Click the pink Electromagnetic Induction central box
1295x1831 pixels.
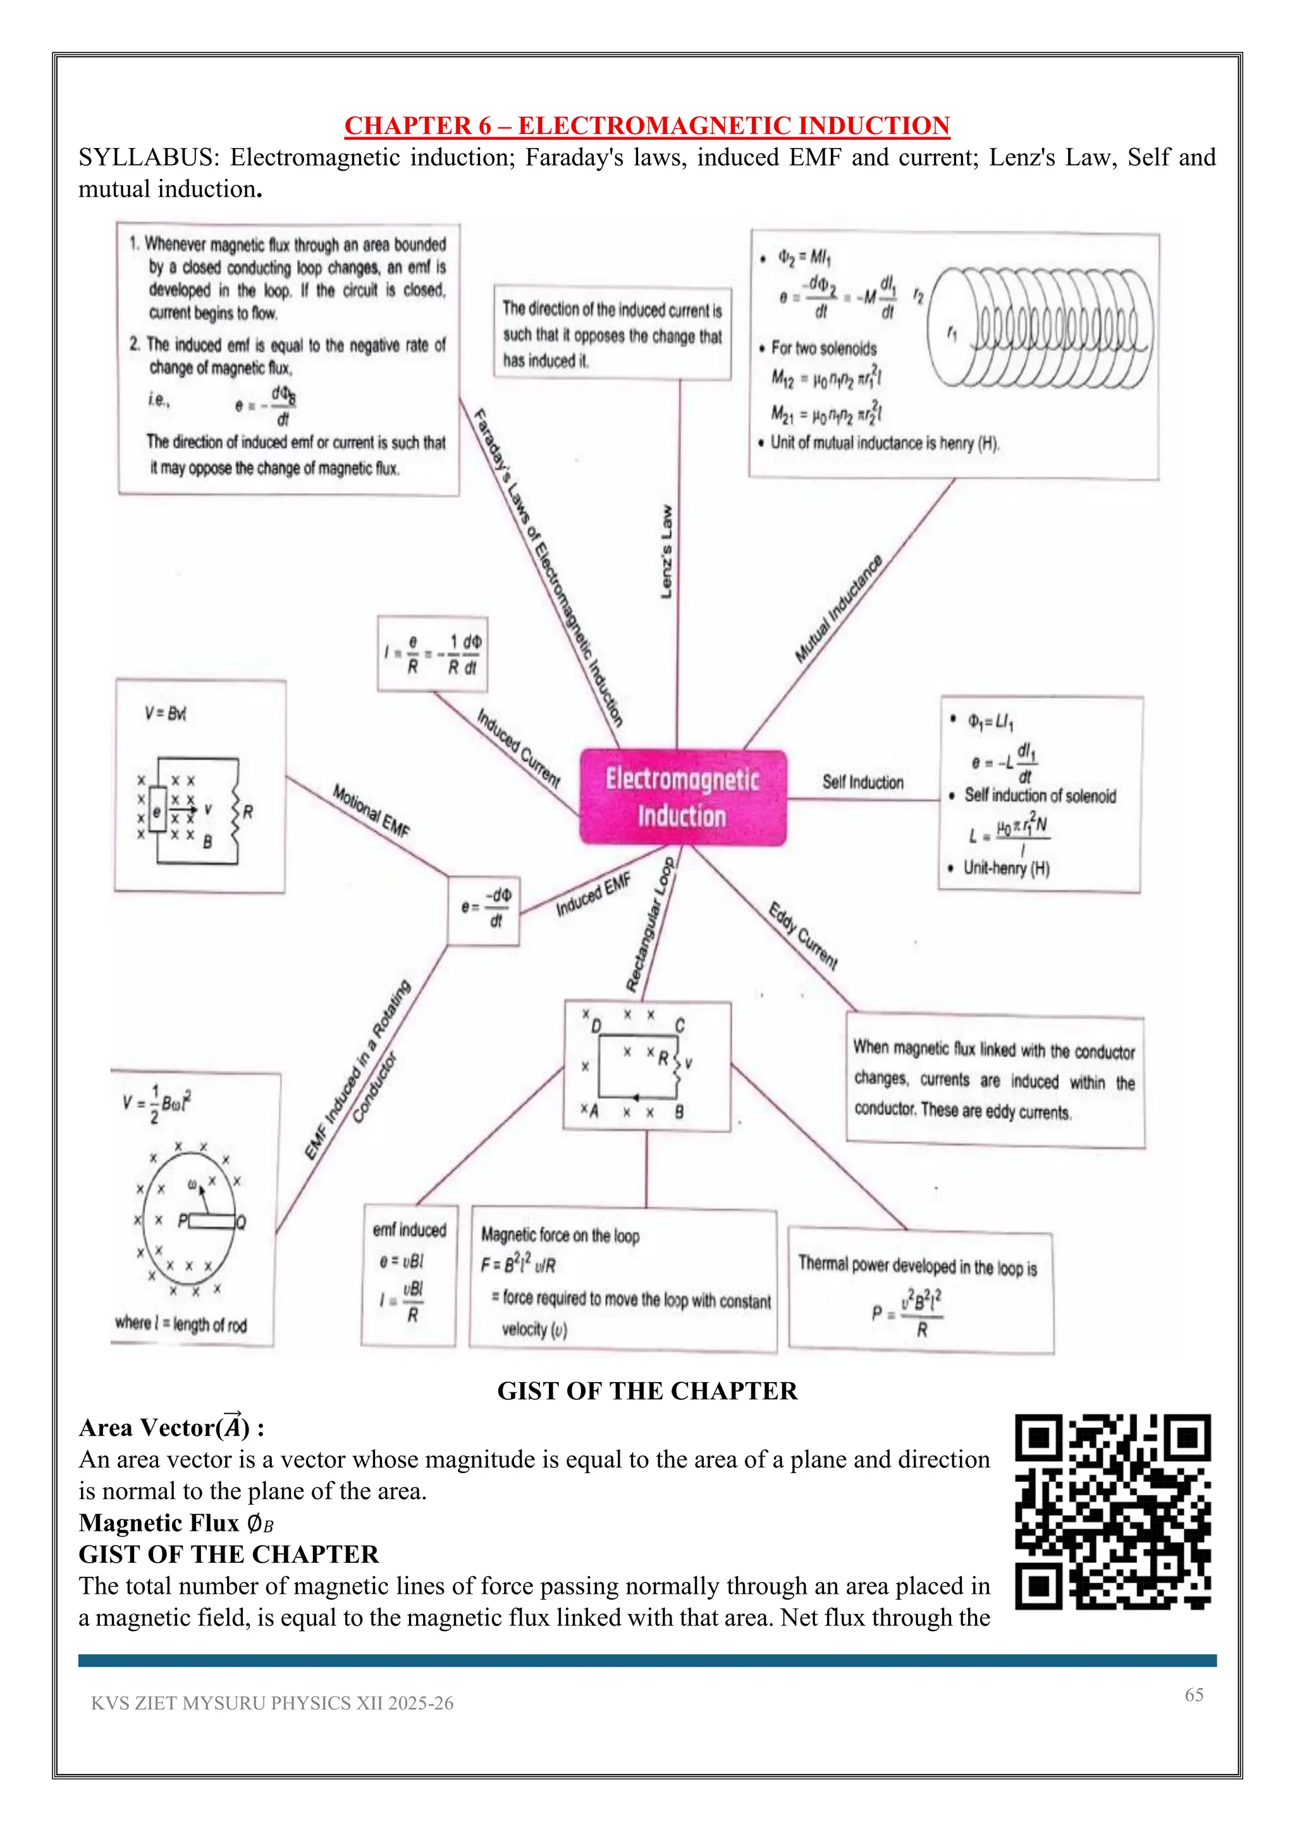682,797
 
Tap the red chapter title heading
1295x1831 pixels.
647,125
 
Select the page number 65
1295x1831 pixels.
1194,1694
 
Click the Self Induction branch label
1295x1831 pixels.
862,782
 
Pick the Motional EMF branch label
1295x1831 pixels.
371,811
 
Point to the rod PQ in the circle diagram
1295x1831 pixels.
212,1221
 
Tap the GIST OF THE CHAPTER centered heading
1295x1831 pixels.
647,1391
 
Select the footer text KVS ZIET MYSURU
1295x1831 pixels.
272,1703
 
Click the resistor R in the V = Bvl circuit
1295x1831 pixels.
237,812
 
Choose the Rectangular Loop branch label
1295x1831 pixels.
650,925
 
